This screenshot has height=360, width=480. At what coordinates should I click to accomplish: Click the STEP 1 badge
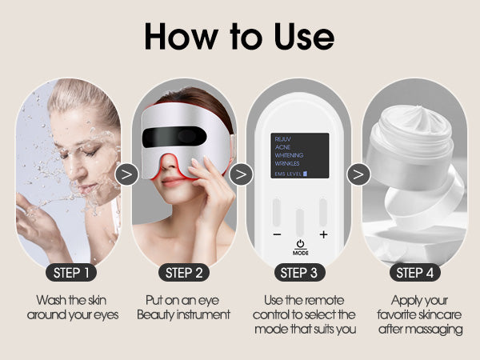(x=71, y=273)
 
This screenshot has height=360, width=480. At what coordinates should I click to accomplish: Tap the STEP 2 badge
(x=184, y=273)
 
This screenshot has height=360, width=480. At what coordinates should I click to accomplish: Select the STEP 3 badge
(x=299, y=273)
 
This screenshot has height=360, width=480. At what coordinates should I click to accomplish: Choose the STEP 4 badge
(x=414, y=273)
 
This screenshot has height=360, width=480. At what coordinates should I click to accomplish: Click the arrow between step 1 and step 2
(x=126, y=174)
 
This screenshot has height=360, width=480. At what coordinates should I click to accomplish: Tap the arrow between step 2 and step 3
(x=242, y=174)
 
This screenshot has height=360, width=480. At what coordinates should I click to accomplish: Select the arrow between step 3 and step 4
(x=358, y=174)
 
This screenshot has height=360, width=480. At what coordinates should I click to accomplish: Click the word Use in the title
(x=304, y=37)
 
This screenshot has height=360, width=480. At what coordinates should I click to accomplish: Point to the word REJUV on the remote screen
(x=282, y=139)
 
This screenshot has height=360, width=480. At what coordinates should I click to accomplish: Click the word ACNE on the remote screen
(x=282, y=147)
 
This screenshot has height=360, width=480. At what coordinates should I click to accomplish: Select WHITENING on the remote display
(x=289, y=155)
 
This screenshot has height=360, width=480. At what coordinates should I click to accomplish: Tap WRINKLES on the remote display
(x=287, y=163)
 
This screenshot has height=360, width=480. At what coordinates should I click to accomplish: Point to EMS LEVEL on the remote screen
(x=288, y=174)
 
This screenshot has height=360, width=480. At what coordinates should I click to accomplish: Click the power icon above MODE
(x=300, y=244)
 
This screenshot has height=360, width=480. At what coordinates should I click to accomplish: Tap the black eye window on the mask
(x=174, y=137)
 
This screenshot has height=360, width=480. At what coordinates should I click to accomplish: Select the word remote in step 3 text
(x=325, y=300)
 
